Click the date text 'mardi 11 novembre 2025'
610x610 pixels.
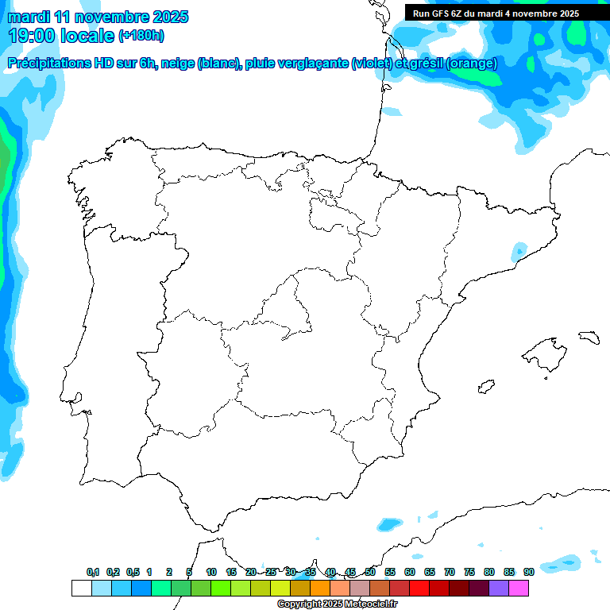point(98,17)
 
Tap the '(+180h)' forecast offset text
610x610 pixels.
point(141,36)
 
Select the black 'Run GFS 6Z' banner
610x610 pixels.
point(496,13)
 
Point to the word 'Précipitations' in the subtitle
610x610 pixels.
point(48,64)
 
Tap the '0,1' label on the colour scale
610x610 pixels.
point(93,573)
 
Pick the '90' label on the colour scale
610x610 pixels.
point(528,573)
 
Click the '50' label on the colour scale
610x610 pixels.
point(370,573)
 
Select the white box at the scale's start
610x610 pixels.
point(81,588)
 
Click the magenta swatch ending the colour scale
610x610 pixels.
point(519,588)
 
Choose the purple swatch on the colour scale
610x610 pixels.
point(499,588)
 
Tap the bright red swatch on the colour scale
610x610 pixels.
point(419,588)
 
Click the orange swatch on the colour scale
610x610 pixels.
point(320,588)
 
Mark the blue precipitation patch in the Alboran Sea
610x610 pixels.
point(389,524)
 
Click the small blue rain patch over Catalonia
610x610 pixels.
point(519,250)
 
